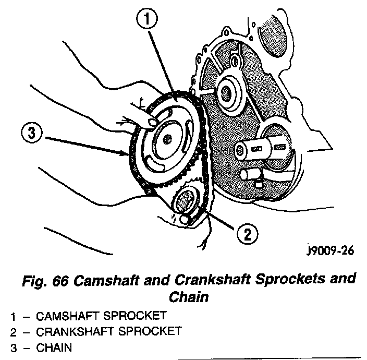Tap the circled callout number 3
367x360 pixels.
coord(31,134)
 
